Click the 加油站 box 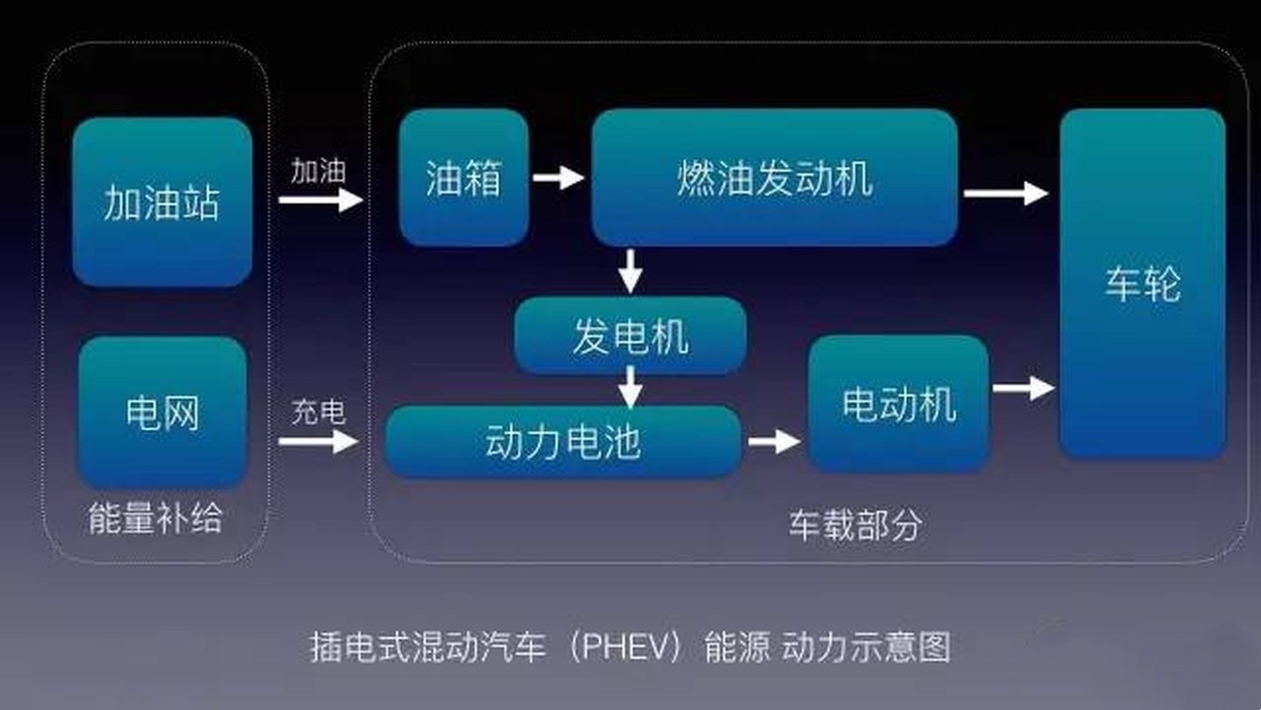[x=162, y=202]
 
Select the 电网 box [x=162, y=412]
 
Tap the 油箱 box [x=464, y=177]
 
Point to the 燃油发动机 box [x=774, y=177]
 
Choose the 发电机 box [x=630, y=336]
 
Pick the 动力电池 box [x=563, y=441]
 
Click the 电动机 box [x=898, y=404]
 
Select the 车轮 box [x=1142, y=283]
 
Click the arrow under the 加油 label [x=320, y=200]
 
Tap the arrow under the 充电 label [x=318, y=441]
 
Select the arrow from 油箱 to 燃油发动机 [x=558, y=178]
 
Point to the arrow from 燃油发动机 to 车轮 [x=1005, y=194]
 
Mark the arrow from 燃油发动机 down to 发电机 [x=630, y=271]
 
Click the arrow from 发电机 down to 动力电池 [x=630, y=387]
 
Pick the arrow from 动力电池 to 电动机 [x=773, y=441]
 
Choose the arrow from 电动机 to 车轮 [x=1023, y=387]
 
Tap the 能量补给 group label [x=156, y=519]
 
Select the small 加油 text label [x=319, y=171]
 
